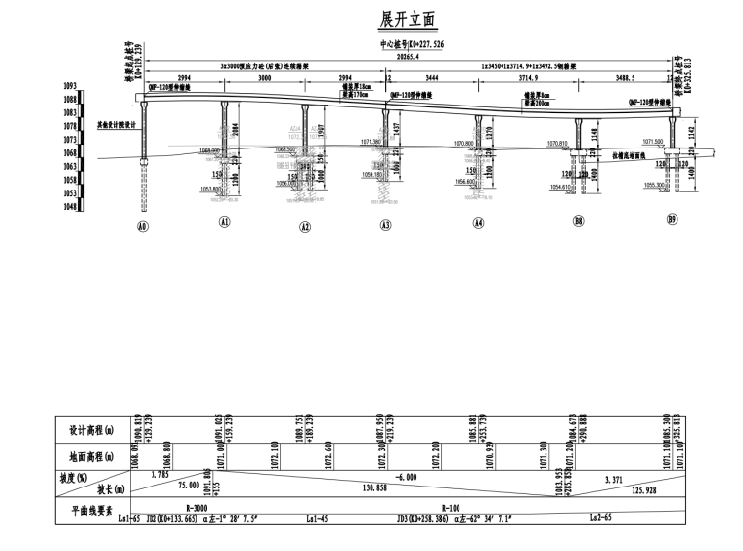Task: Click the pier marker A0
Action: tap(144, 225)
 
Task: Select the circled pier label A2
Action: tap(305, 227)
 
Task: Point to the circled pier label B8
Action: tap(579, 222)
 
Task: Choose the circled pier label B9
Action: tap(673, 219)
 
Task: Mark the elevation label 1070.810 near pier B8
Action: tap(571, 144)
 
